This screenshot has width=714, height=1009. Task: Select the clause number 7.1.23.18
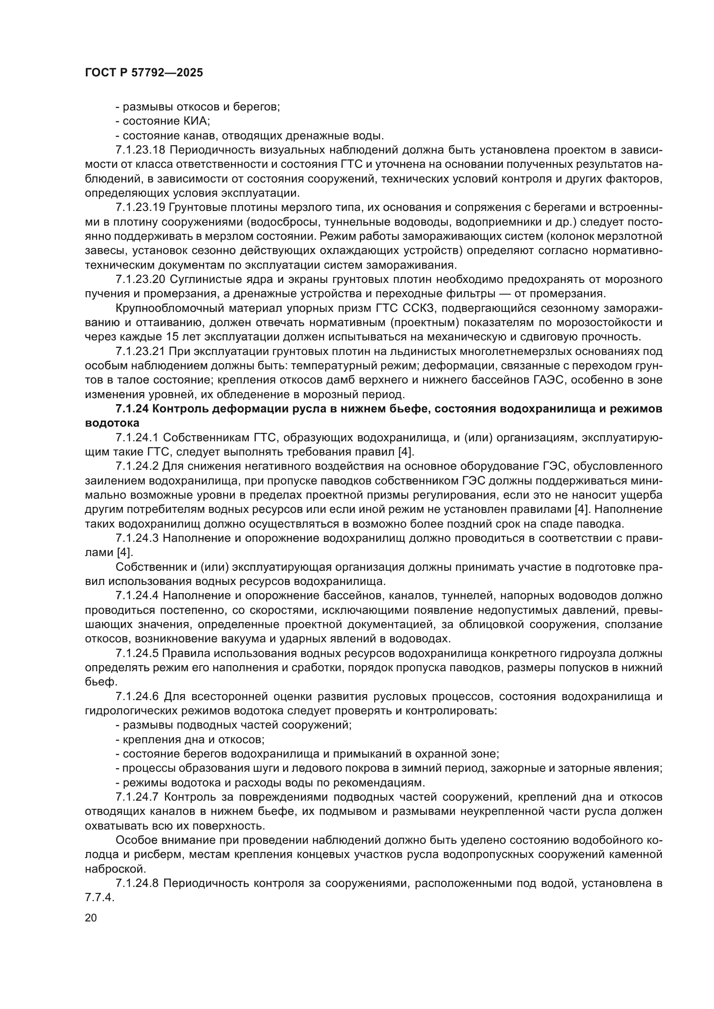pyautogui.click(x=140, y=150)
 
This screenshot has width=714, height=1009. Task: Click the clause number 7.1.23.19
pyautogui.click(x=140, y=207)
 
